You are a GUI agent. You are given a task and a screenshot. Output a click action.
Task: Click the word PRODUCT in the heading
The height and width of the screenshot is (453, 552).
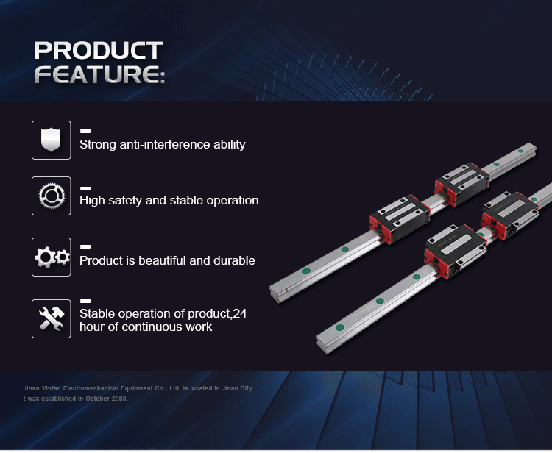pos(98,50)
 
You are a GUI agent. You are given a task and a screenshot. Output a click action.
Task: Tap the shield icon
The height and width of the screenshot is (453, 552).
pos(51,140)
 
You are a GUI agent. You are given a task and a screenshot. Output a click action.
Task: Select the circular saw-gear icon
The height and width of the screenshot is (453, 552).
pos(52,196)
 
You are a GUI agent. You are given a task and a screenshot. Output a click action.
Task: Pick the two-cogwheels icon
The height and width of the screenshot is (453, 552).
pos(52,257)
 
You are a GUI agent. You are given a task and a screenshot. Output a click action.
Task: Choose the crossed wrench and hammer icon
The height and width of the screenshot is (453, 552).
pos(52,318)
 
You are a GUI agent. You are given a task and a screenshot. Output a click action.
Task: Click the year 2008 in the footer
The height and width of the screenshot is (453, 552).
pos(120,399)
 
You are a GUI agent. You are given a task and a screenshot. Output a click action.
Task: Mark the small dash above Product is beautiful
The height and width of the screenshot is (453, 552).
pos(85,246)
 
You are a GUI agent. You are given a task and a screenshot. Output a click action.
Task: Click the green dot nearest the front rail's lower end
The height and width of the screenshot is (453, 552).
pos(340,327)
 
